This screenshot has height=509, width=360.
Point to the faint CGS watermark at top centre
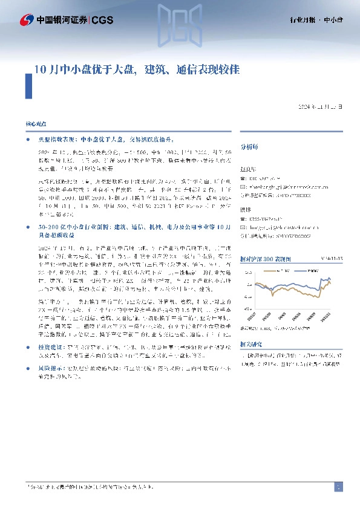coord(180,21)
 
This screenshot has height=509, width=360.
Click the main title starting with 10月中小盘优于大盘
coord(136,69)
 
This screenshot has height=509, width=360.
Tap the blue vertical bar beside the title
coord(28,85)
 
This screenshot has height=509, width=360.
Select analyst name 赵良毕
coord(248,170)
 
